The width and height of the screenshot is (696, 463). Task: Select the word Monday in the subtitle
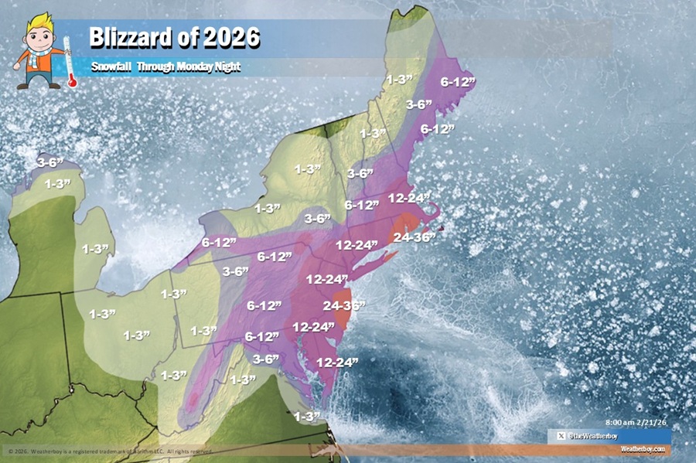tap(190, 67)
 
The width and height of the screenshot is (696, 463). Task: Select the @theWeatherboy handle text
tap(591, 437)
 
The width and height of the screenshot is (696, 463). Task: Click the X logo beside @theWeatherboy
tap(561, 437)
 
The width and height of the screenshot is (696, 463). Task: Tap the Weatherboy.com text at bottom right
tap(641, 448)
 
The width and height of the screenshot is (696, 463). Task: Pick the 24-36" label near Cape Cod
tap(415, 237)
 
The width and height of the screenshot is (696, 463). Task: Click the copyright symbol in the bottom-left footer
tap(10, 451)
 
